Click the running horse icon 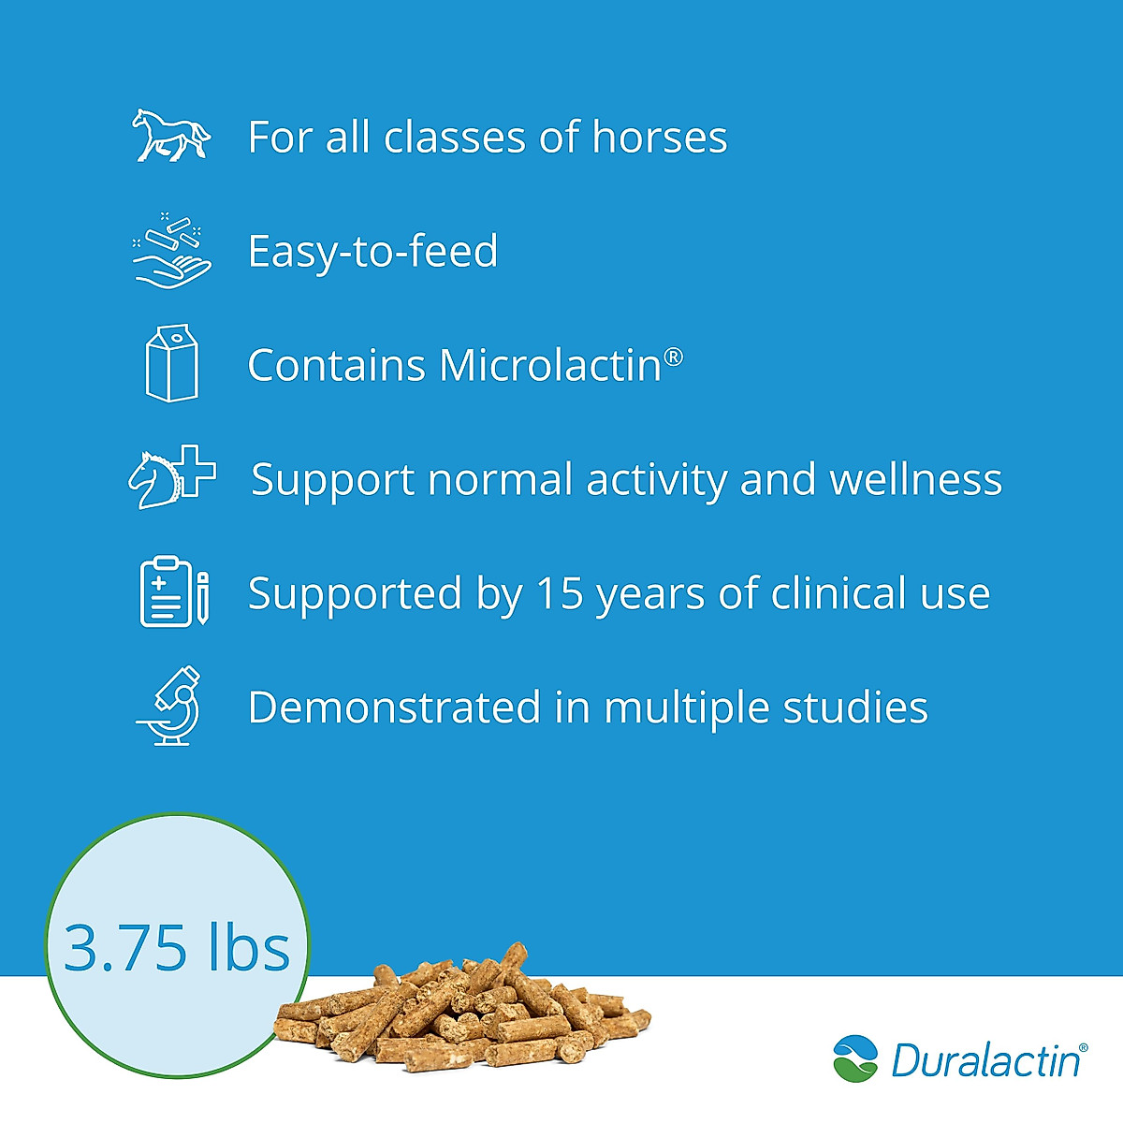pos(170,136)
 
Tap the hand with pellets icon pos(172,251)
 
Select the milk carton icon pos(172,363)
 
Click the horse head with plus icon pos(172,477)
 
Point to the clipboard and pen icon pos(174,591)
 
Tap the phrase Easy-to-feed pos(372,252)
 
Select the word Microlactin pos(550,365)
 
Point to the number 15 pos(560,593)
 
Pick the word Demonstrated pos(394,707)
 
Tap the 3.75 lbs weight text pos(177,947)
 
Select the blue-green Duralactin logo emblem pos(855,1058)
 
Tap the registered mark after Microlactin pos(674,356)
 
